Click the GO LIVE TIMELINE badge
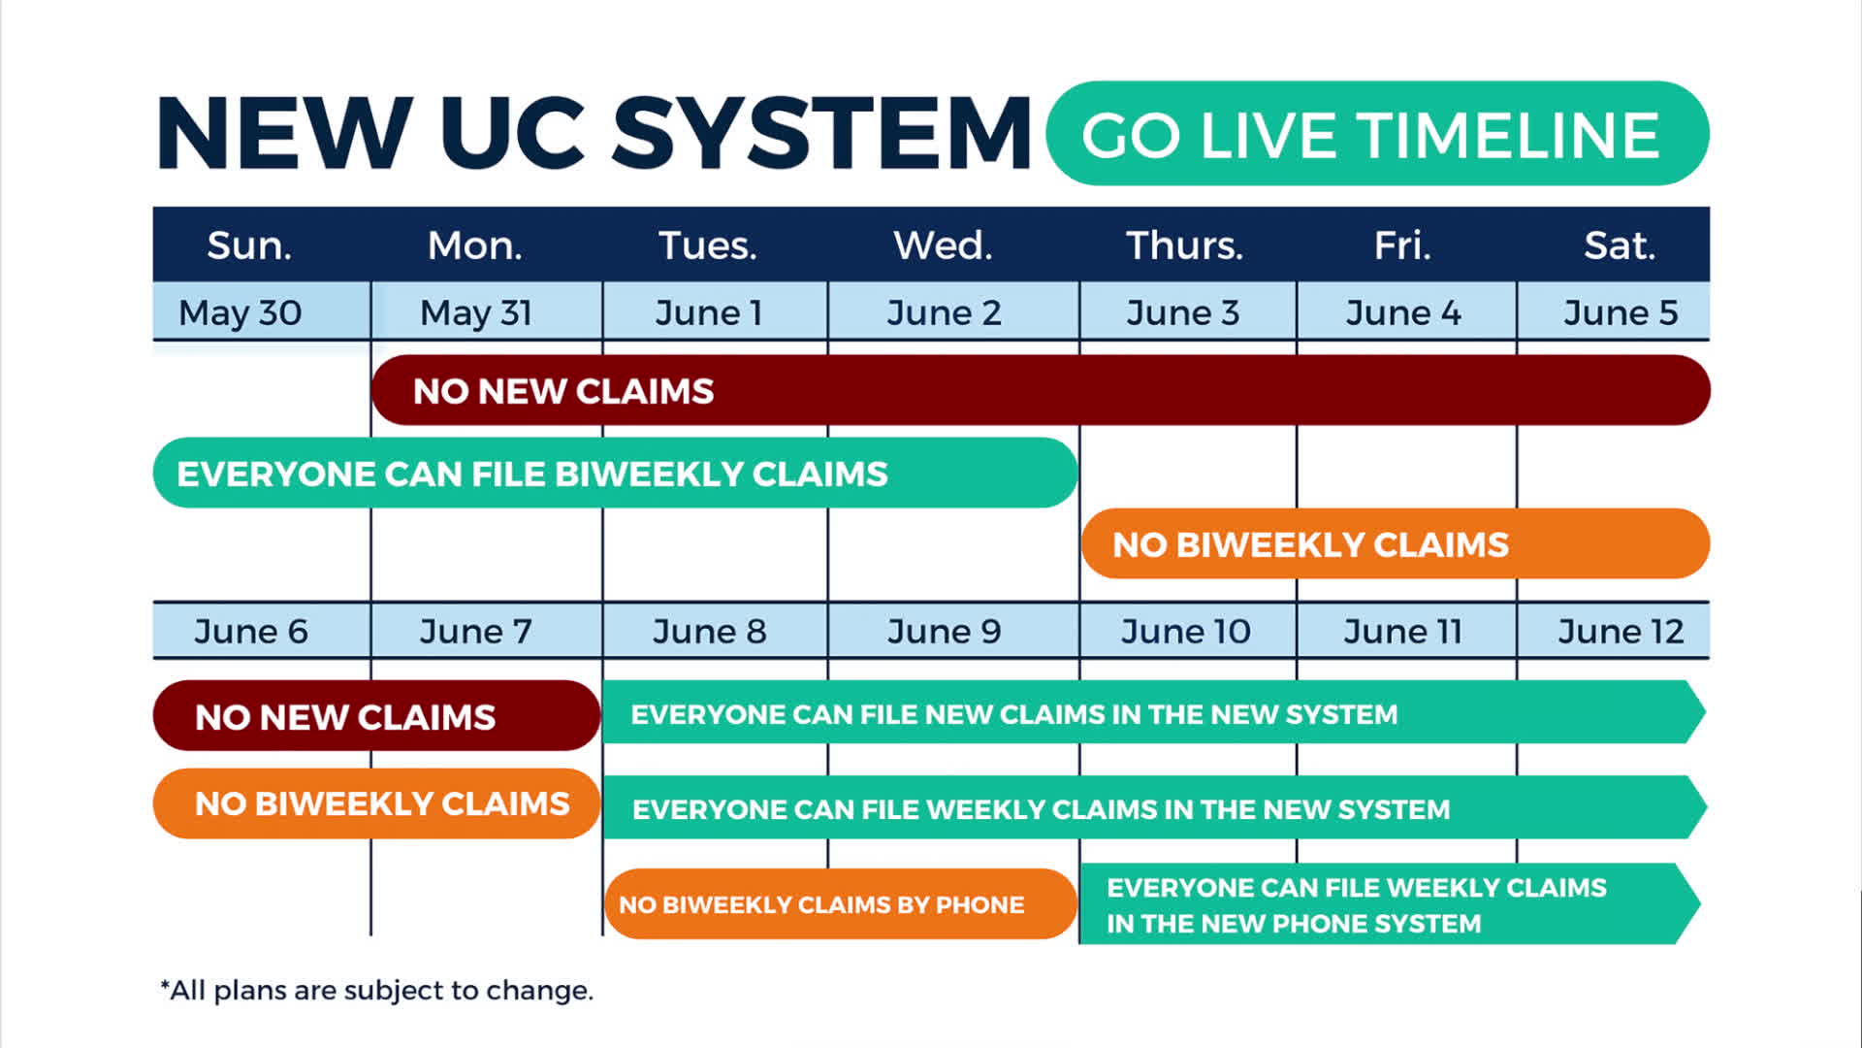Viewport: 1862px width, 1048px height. click(1377, 133)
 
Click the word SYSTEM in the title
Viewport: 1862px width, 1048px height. click(821, 134)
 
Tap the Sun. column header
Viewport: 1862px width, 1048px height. click(249, 246)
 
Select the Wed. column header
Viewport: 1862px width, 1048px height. click(943, 246)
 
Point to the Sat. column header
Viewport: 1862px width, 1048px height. click(1620, 246)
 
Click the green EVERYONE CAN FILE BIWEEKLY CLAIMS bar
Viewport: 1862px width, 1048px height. click(616, 473)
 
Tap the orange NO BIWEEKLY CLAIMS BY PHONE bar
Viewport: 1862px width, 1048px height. click(841, 903)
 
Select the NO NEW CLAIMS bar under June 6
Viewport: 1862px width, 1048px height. click(377, 715)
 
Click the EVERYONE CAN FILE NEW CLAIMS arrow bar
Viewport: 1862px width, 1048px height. click(1154, 712)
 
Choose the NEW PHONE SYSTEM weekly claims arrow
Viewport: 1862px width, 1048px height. click(1390, 903)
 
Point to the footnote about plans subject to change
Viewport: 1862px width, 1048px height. click(376, 990)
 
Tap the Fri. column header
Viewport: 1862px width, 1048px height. click(1402, 246)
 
